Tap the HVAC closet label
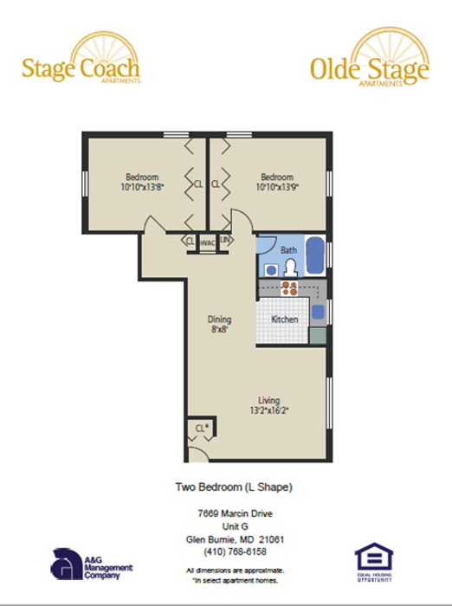207,243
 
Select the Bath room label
288,250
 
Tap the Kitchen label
285,319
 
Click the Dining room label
219,319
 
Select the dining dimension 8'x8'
219,329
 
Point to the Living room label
268,400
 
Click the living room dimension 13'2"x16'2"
268,410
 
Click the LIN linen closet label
225,240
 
